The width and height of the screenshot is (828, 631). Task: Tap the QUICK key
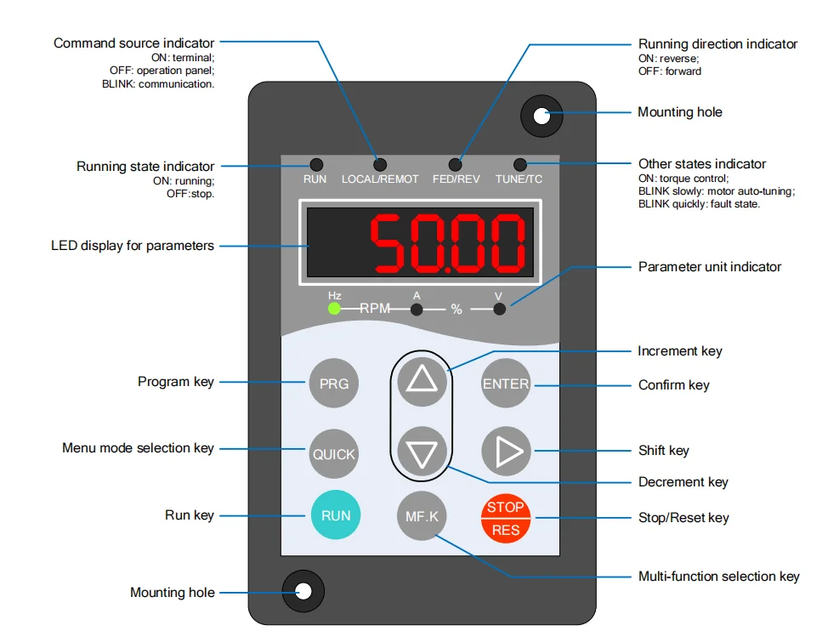point(333,453)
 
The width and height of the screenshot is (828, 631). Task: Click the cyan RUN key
point(335,515)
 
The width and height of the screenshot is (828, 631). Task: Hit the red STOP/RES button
point(506,518)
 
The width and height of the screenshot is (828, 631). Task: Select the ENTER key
point(506,384)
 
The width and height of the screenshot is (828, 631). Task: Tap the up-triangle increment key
point(422,378)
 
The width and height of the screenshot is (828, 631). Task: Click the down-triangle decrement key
point(422,452)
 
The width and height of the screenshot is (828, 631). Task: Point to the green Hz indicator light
point(334,308)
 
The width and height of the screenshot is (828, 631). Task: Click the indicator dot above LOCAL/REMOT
point(380,164)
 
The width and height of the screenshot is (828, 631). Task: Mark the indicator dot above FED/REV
point(456,164)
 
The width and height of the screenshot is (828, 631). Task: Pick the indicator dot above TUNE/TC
point(519,164)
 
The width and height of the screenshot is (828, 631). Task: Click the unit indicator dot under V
point(499,309)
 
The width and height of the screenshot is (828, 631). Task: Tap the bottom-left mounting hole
point(303,591)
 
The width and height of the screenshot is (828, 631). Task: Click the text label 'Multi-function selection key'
point(718,577)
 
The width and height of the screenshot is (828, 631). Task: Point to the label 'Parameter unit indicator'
point(709,266)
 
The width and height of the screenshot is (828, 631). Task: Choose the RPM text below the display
point(375,308)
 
